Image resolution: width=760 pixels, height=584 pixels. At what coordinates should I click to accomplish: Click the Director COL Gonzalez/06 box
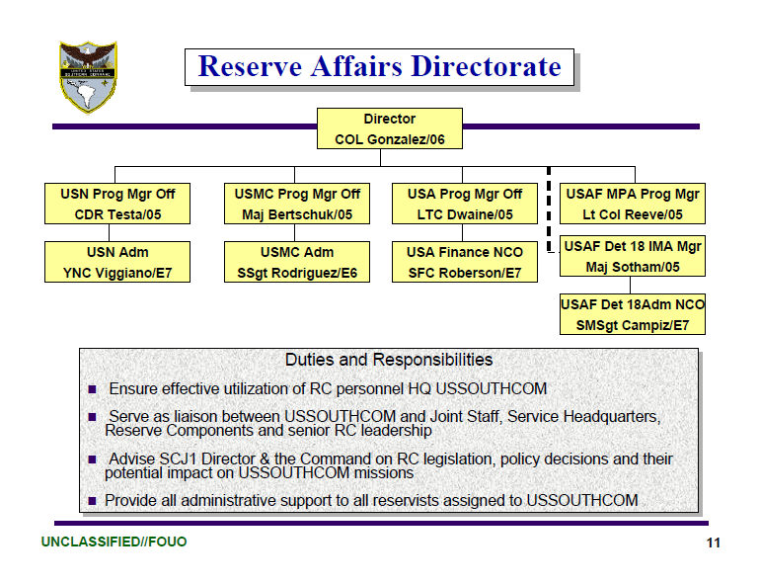389,128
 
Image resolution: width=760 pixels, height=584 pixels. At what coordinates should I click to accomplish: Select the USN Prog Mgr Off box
117,204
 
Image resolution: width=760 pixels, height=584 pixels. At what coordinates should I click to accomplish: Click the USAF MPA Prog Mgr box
632,204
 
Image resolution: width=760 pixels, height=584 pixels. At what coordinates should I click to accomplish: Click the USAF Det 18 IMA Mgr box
632,255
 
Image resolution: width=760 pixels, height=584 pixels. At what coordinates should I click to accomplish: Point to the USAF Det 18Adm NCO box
632,314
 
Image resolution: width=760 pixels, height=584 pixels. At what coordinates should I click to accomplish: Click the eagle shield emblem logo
87,76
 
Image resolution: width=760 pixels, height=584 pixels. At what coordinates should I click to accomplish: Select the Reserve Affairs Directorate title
379,66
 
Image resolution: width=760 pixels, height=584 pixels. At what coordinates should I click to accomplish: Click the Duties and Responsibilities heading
389,360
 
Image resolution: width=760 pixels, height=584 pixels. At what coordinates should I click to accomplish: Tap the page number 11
713,543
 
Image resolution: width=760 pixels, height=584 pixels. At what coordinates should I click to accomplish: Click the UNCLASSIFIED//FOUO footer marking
114,542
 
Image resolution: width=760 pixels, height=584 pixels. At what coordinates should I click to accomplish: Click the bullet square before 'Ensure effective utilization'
93,389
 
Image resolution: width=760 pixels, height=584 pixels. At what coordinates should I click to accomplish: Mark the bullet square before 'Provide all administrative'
93,502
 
